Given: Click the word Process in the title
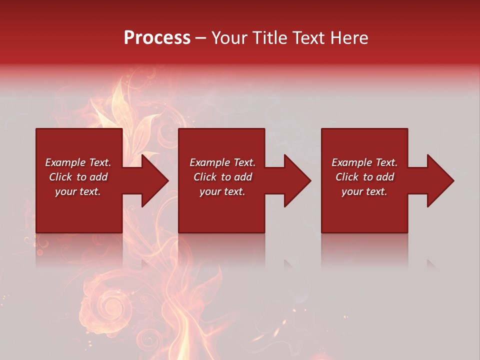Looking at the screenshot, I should pos(157,38).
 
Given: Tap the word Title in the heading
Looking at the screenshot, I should pos(269,38).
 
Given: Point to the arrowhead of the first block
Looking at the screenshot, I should pos(153,180).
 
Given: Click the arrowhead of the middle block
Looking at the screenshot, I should pos(295,180).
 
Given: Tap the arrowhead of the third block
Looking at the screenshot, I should pos(438,180).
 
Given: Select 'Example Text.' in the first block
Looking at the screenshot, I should pos(78,162).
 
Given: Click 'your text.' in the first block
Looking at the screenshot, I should pos(78,191).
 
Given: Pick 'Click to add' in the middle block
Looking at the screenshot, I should pos(222,177).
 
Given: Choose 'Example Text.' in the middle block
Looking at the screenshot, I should pos(222,162).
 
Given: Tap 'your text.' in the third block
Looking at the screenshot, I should pos(364,191).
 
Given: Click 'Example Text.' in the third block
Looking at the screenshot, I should pos(364,162).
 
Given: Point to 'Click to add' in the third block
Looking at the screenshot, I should pos(364,177).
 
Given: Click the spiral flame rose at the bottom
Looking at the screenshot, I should pos(105,305).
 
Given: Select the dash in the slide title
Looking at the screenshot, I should pos(201,38).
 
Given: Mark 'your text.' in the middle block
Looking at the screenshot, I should pos(222,191).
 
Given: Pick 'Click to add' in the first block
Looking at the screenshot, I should pos(78,177).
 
